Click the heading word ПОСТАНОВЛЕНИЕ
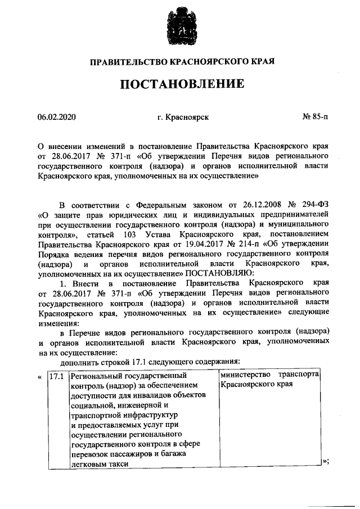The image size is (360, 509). point(180,85)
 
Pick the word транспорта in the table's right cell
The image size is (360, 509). point(301,375)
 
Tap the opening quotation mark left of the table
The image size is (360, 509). point(40,376)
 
